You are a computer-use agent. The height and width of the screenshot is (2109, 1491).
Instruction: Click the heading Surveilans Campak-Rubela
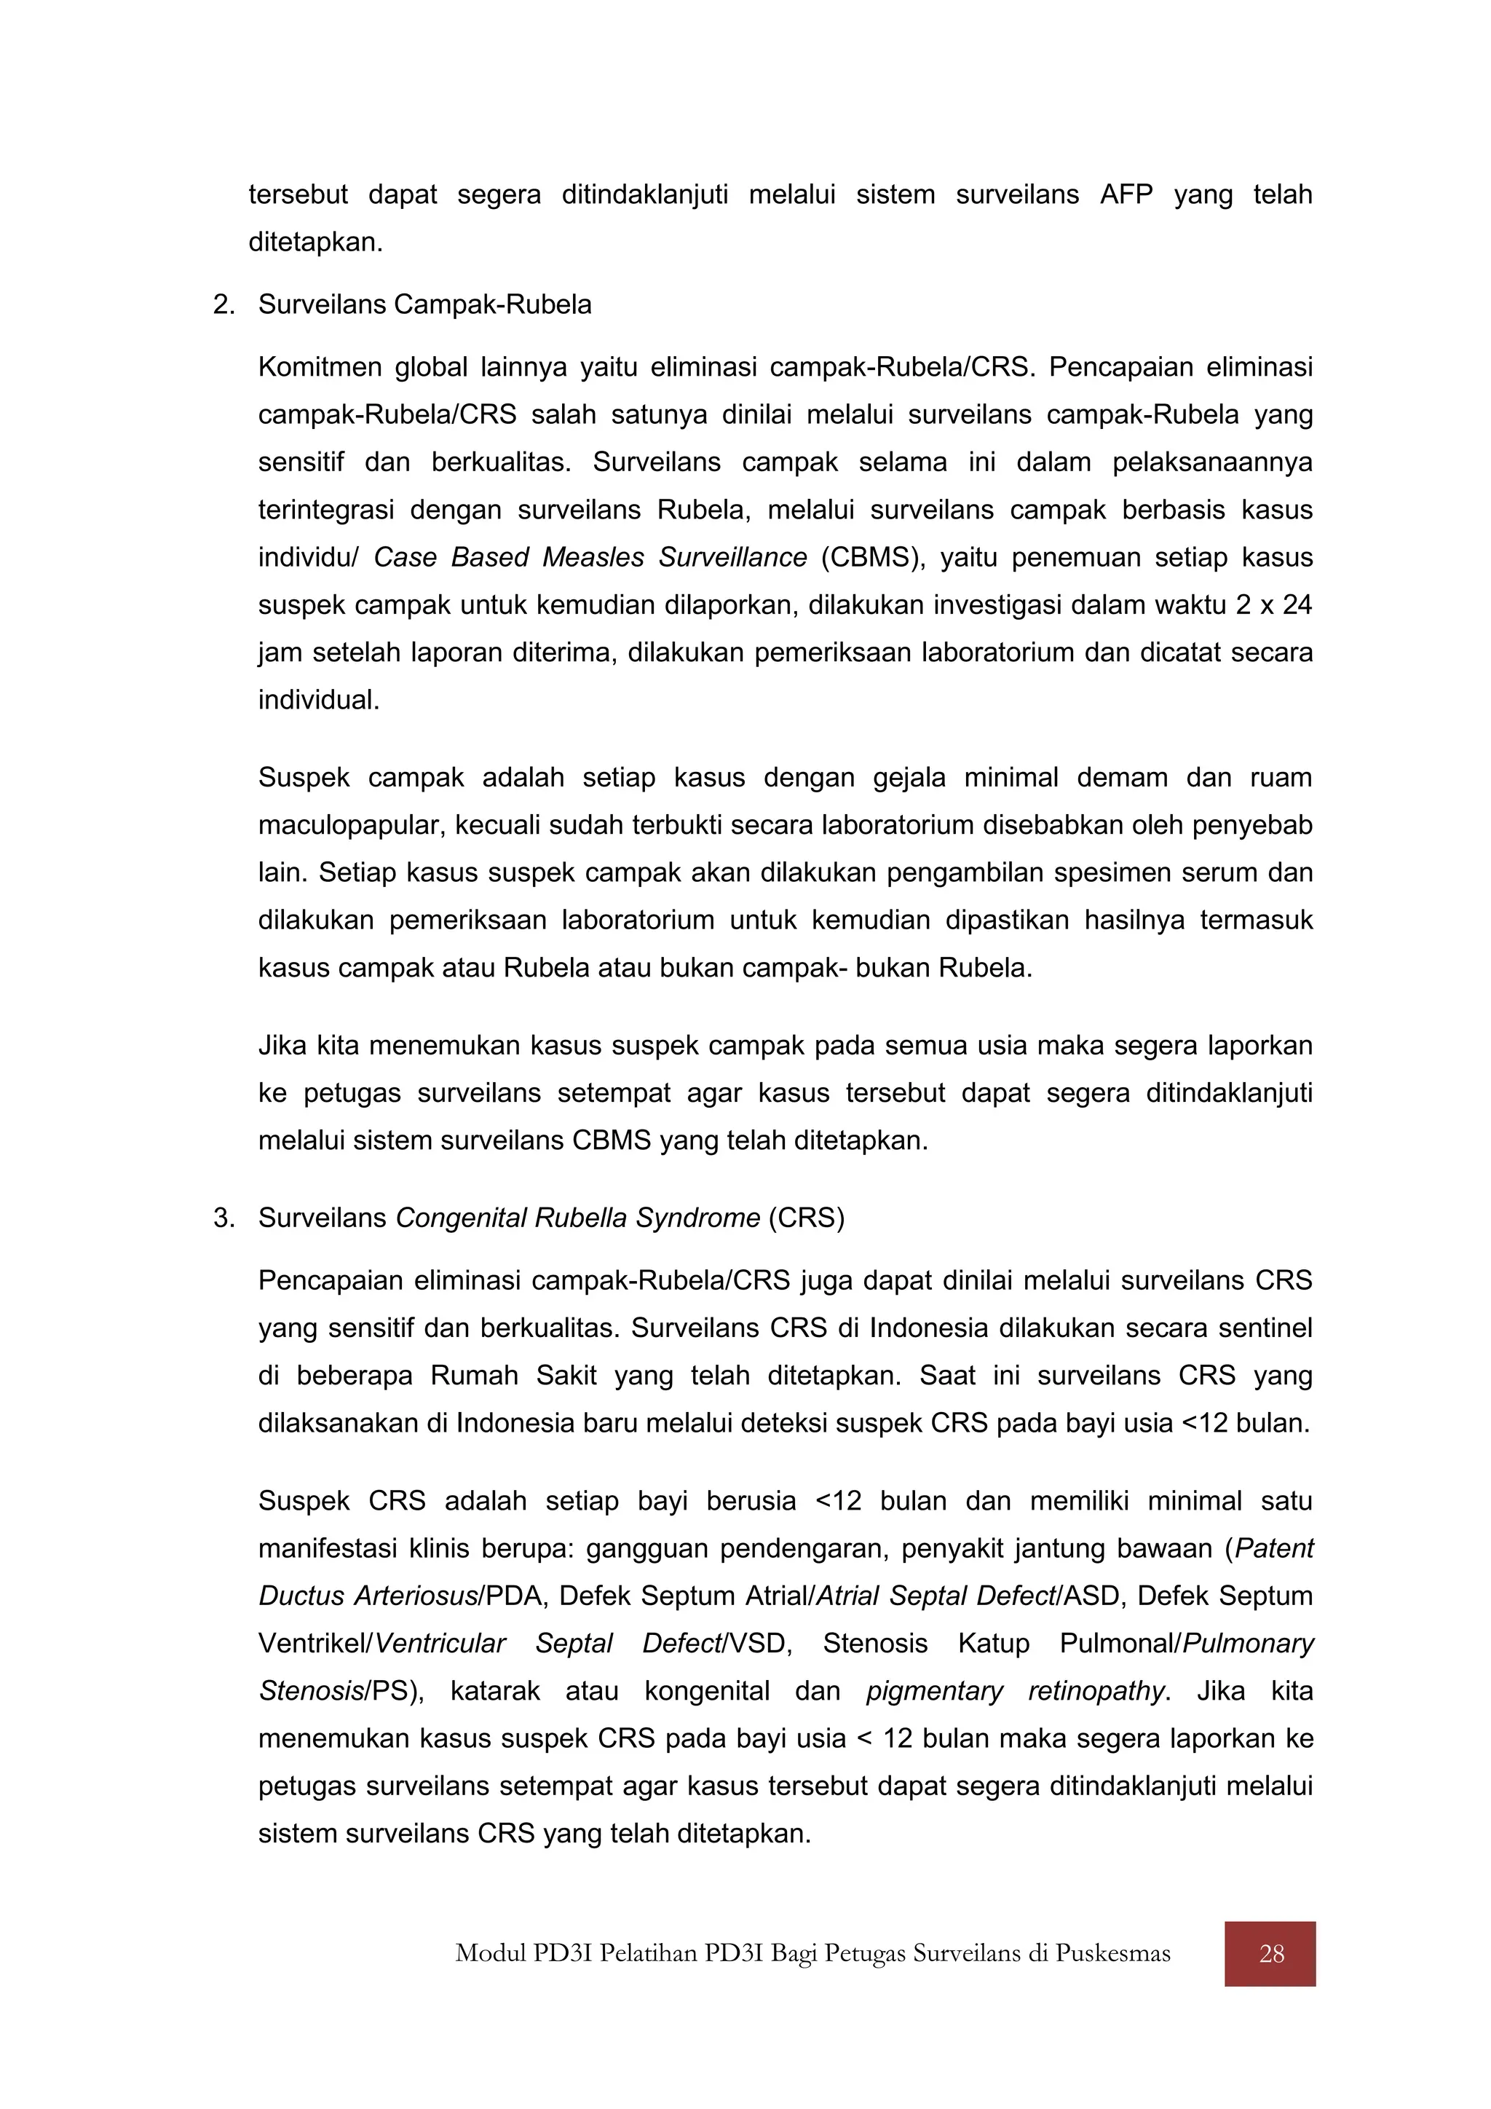point(424,305)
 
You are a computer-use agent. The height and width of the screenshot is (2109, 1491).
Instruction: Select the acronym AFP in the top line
point(1126,194)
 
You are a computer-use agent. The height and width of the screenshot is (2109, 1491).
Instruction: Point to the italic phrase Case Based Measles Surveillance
point(590,558)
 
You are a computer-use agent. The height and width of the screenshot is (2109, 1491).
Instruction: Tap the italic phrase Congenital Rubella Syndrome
point(577,1218)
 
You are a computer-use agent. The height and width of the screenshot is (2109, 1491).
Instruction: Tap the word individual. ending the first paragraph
point(319,701)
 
